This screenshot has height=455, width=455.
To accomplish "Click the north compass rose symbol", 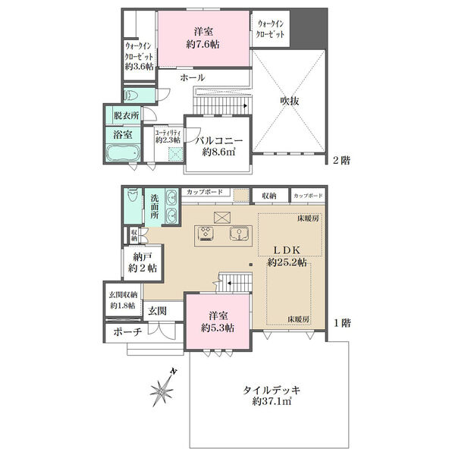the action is click(x=162, y=388).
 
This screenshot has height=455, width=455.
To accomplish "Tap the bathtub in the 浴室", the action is click(x=123, y=152).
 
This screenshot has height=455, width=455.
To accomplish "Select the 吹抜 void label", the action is click(x=290, y=101).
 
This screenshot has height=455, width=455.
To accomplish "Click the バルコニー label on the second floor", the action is click(x=219, y=141).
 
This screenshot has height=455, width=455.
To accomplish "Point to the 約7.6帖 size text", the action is click(x=202, y=45).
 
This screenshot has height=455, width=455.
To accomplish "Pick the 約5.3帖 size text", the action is click(x=218, y=328).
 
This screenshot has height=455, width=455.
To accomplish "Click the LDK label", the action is click(x=287, y=250).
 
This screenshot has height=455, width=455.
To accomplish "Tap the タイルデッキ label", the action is click(x=271, y=390).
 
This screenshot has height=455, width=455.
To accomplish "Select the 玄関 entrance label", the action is click(x=158, y=311).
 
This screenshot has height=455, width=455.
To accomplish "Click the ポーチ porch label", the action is click(x=127, y=331).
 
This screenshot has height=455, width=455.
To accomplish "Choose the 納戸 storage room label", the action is click(x=143, y=256).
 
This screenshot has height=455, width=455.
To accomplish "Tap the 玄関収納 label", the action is click(x=123, y=295).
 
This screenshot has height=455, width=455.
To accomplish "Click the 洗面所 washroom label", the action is click(x=155, y=207).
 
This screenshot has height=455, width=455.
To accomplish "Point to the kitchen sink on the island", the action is click(x=238, y=234).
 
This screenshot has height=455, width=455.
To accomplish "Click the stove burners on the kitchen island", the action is click(x=206, y=234).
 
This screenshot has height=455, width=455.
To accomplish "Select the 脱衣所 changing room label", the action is click(x=126, y=115).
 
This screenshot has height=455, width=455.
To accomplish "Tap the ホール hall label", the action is click(x=193, y=77).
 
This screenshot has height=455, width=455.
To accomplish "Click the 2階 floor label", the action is click(x=341, y=160).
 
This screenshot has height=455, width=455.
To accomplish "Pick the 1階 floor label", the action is click(x=342, y=323).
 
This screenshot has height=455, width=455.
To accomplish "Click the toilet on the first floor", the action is click(x=133, y=195).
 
